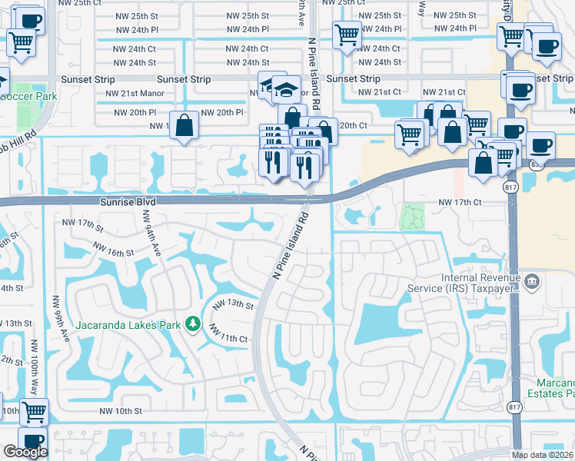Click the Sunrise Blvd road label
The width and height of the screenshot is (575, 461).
point(127,201)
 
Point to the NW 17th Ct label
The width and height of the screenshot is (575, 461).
point(459,202)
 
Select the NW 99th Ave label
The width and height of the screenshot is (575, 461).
point(59,314)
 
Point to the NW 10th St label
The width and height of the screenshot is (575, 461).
point(121,411)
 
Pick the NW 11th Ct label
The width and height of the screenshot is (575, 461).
point(228,334)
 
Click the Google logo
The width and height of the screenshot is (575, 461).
point(25,452)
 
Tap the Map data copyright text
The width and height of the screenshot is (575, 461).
point(543,455)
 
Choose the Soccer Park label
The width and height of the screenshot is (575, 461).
point(29,97)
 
